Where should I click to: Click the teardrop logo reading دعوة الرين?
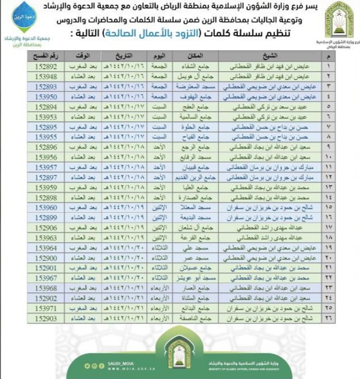pos(24,16)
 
